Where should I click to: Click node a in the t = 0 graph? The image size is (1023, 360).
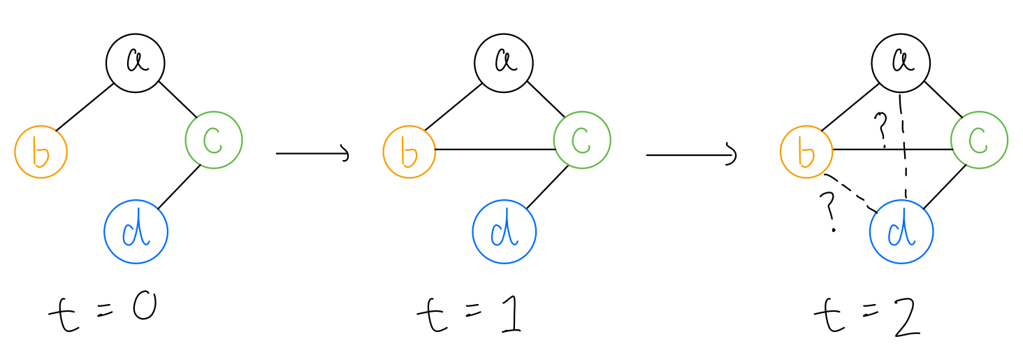tap(136, 62)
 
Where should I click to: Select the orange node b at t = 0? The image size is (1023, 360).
tap(41, 152)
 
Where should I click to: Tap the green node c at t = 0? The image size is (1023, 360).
tap(214, 140)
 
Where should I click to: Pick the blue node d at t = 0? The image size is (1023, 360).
tap(136, 232)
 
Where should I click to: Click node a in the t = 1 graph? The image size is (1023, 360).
tap(504, 62)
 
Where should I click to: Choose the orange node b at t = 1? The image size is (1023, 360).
tap(409, 152)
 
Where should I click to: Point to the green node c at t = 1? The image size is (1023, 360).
tap(582, 140)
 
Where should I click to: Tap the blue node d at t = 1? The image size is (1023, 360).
tap(505, 232)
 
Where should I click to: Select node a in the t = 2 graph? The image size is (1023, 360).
tap(901, 64)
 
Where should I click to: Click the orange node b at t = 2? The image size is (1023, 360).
tap(806, 152)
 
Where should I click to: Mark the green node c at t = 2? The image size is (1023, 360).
tap(979, 140)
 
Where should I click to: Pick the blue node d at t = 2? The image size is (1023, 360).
tap(901, 232)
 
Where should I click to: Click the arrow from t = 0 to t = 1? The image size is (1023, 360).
tap(312, 153)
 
